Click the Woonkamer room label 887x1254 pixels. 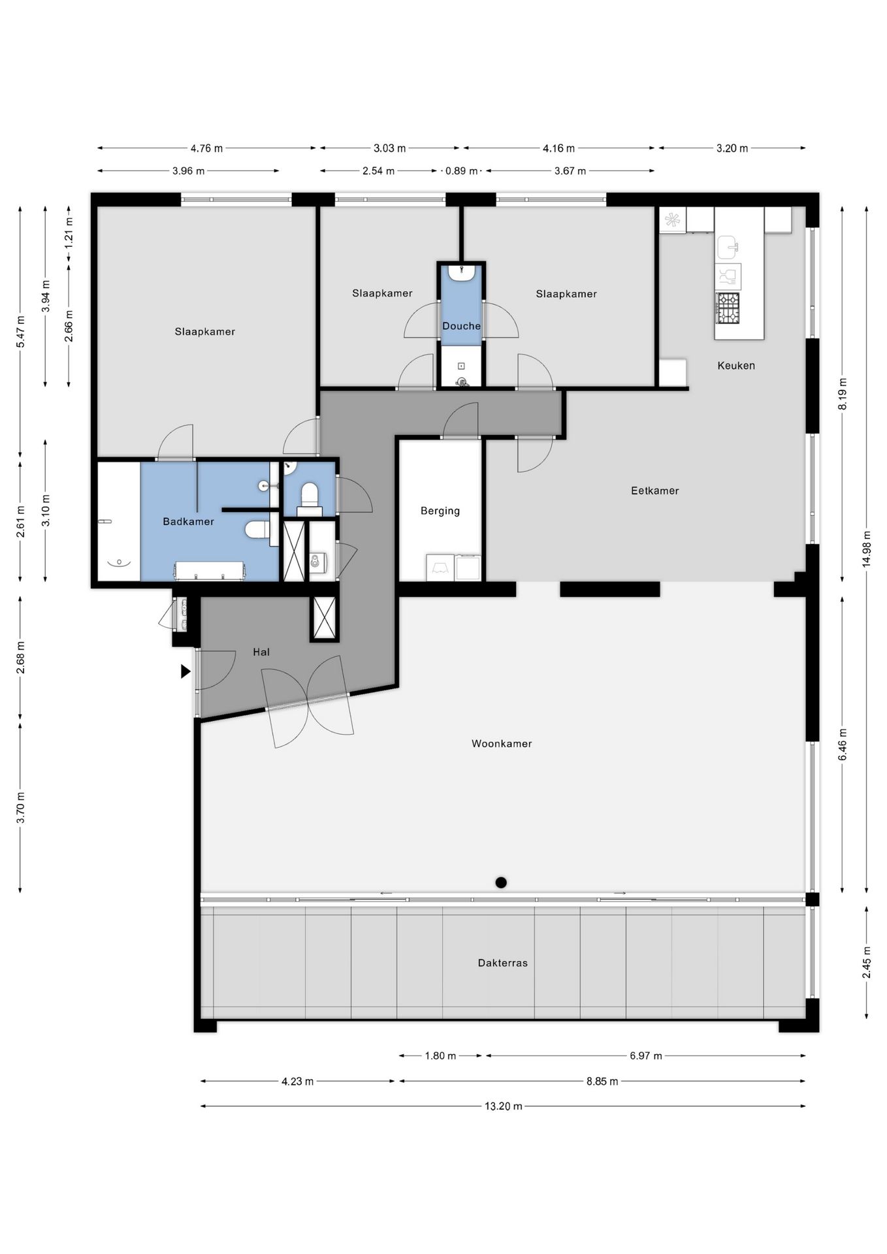tap(502, 743)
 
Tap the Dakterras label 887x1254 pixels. tap(502, 963)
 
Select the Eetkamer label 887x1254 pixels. tap(654, 490)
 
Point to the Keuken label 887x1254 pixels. tap(736, 366)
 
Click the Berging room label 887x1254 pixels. tap(440, 511)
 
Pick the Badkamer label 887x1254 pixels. tap(188, 521)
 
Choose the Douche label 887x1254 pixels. tap(461, 326)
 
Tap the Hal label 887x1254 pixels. tap(261, 652)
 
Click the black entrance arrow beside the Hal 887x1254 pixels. tap(185, 671)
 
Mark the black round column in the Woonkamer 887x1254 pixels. tap(501, 882)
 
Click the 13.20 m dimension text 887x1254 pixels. tap(503, 1106)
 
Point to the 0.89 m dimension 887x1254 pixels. tap(461, 171)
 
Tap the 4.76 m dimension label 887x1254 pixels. tap(206, 148)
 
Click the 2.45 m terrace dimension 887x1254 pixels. tap(867, 963)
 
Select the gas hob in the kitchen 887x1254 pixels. tap(728, 308)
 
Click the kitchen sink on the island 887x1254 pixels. tap(728, 248)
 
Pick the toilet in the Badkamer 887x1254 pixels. tap(257, 529)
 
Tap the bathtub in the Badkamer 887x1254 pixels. tap(119, 521)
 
